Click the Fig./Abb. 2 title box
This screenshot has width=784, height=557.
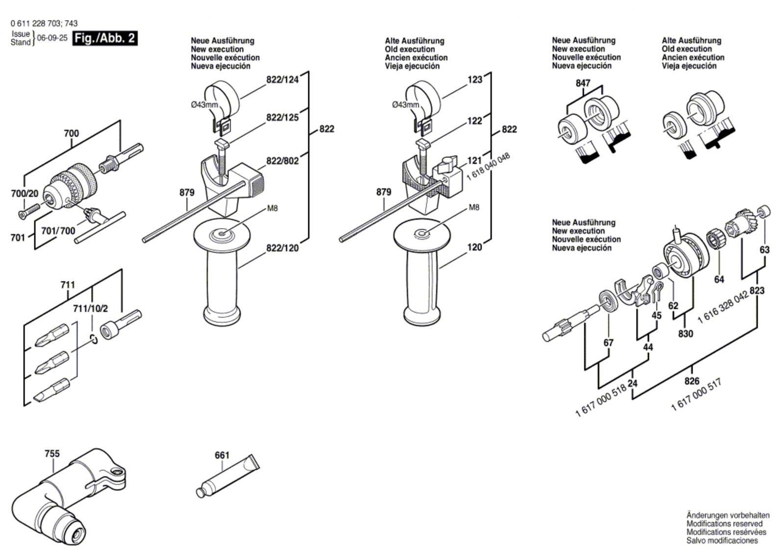click(105, 38)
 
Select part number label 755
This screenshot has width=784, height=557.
click(52, 454)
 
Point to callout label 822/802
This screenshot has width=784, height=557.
click(282, 161)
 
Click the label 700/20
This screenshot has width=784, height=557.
click(24, 194)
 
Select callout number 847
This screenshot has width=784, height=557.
click(583, 83)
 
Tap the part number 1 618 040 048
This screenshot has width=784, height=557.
click(488, 166)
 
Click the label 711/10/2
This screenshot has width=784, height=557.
click(90, 309)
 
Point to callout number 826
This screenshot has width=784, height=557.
click(692, 381)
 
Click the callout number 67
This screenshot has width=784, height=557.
click(608, 343)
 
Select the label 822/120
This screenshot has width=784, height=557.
click(282, 248)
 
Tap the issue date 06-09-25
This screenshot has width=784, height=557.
click(52, 38)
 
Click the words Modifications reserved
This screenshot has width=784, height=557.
click(724, 524)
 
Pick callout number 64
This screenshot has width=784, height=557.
click(719, 279)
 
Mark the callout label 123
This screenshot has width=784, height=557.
click(475, 79)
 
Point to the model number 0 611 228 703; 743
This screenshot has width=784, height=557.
click(44, 23)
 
